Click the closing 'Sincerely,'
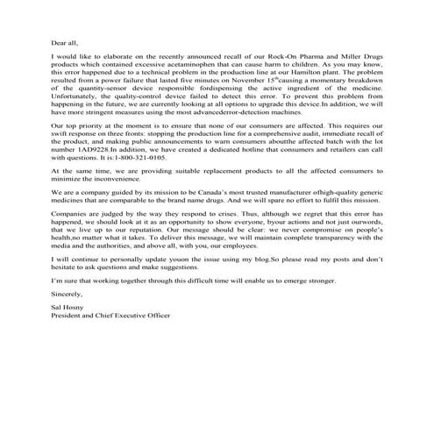click(68, 324)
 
